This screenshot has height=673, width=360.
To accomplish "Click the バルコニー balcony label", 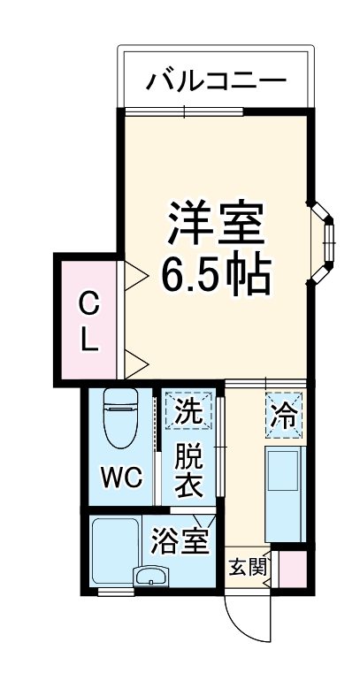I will (216, 81).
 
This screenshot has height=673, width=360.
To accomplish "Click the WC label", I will (120, 477).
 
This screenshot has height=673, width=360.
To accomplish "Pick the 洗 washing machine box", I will (188, 410).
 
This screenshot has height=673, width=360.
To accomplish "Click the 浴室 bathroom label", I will (180, 540).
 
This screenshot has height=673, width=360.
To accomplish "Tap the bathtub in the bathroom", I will (113, 548).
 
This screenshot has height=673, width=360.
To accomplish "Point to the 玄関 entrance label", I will (247, 567).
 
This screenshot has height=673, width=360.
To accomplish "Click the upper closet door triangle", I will (135, 275).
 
